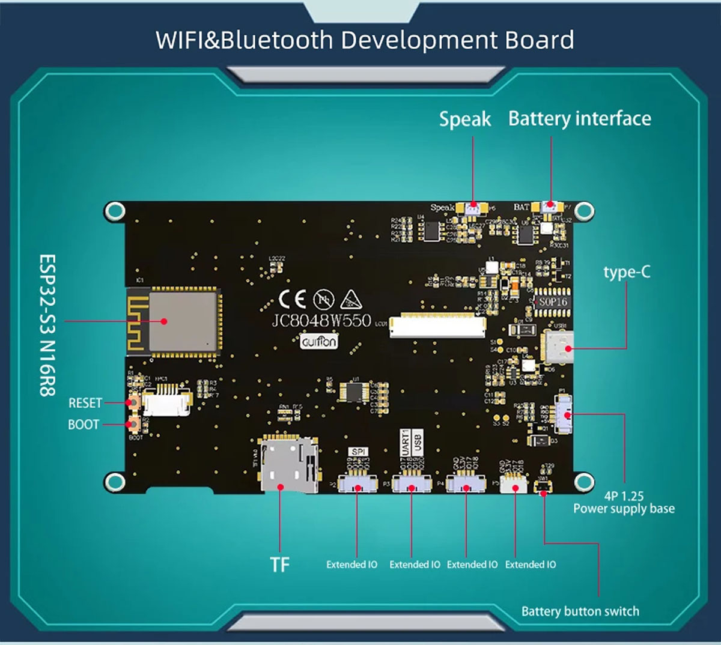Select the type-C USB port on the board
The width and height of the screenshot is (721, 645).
click(x=558, y=347)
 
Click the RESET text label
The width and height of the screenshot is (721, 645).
click(x=85, y=403)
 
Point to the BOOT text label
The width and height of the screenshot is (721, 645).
click(x=84, y=425)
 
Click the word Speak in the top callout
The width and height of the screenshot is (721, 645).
click(x=465, y=120)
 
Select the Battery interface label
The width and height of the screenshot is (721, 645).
click(x=579, y=119)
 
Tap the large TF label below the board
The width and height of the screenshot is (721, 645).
click(x=279, y=565)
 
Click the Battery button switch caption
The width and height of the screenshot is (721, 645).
click(x=580, y=611)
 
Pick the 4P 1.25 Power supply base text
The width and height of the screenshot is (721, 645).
click(x=624, y=503)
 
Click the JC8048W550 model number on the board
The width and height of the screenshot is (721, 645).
click(x=321, y=320)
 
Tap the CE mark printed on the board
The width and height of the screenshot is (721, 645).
click(x=293, y=298)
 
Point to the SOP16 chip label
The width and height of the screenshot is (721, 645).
click(x=553, y=302)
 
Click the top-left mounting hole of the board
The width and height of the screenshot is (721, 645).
click(x=114, y=211)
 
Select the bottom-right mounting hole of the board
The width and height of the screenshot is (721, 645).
click(x=583, y=482)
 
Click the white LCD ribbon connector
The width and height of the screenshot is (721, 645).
click(x=438, y=325)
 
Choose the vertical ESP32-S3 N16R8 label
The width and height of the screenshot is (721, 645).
click(x=47, y=325)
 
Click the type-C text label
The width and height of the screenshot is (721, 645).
click(x=627, y=272)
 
